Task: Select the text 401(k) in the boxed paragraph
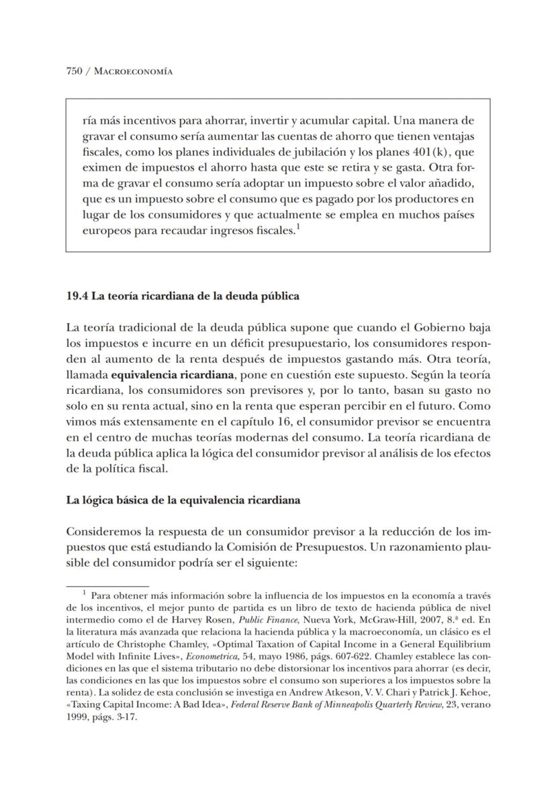coord(428,152)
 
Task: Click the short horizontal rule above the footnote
coord(107,585)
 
